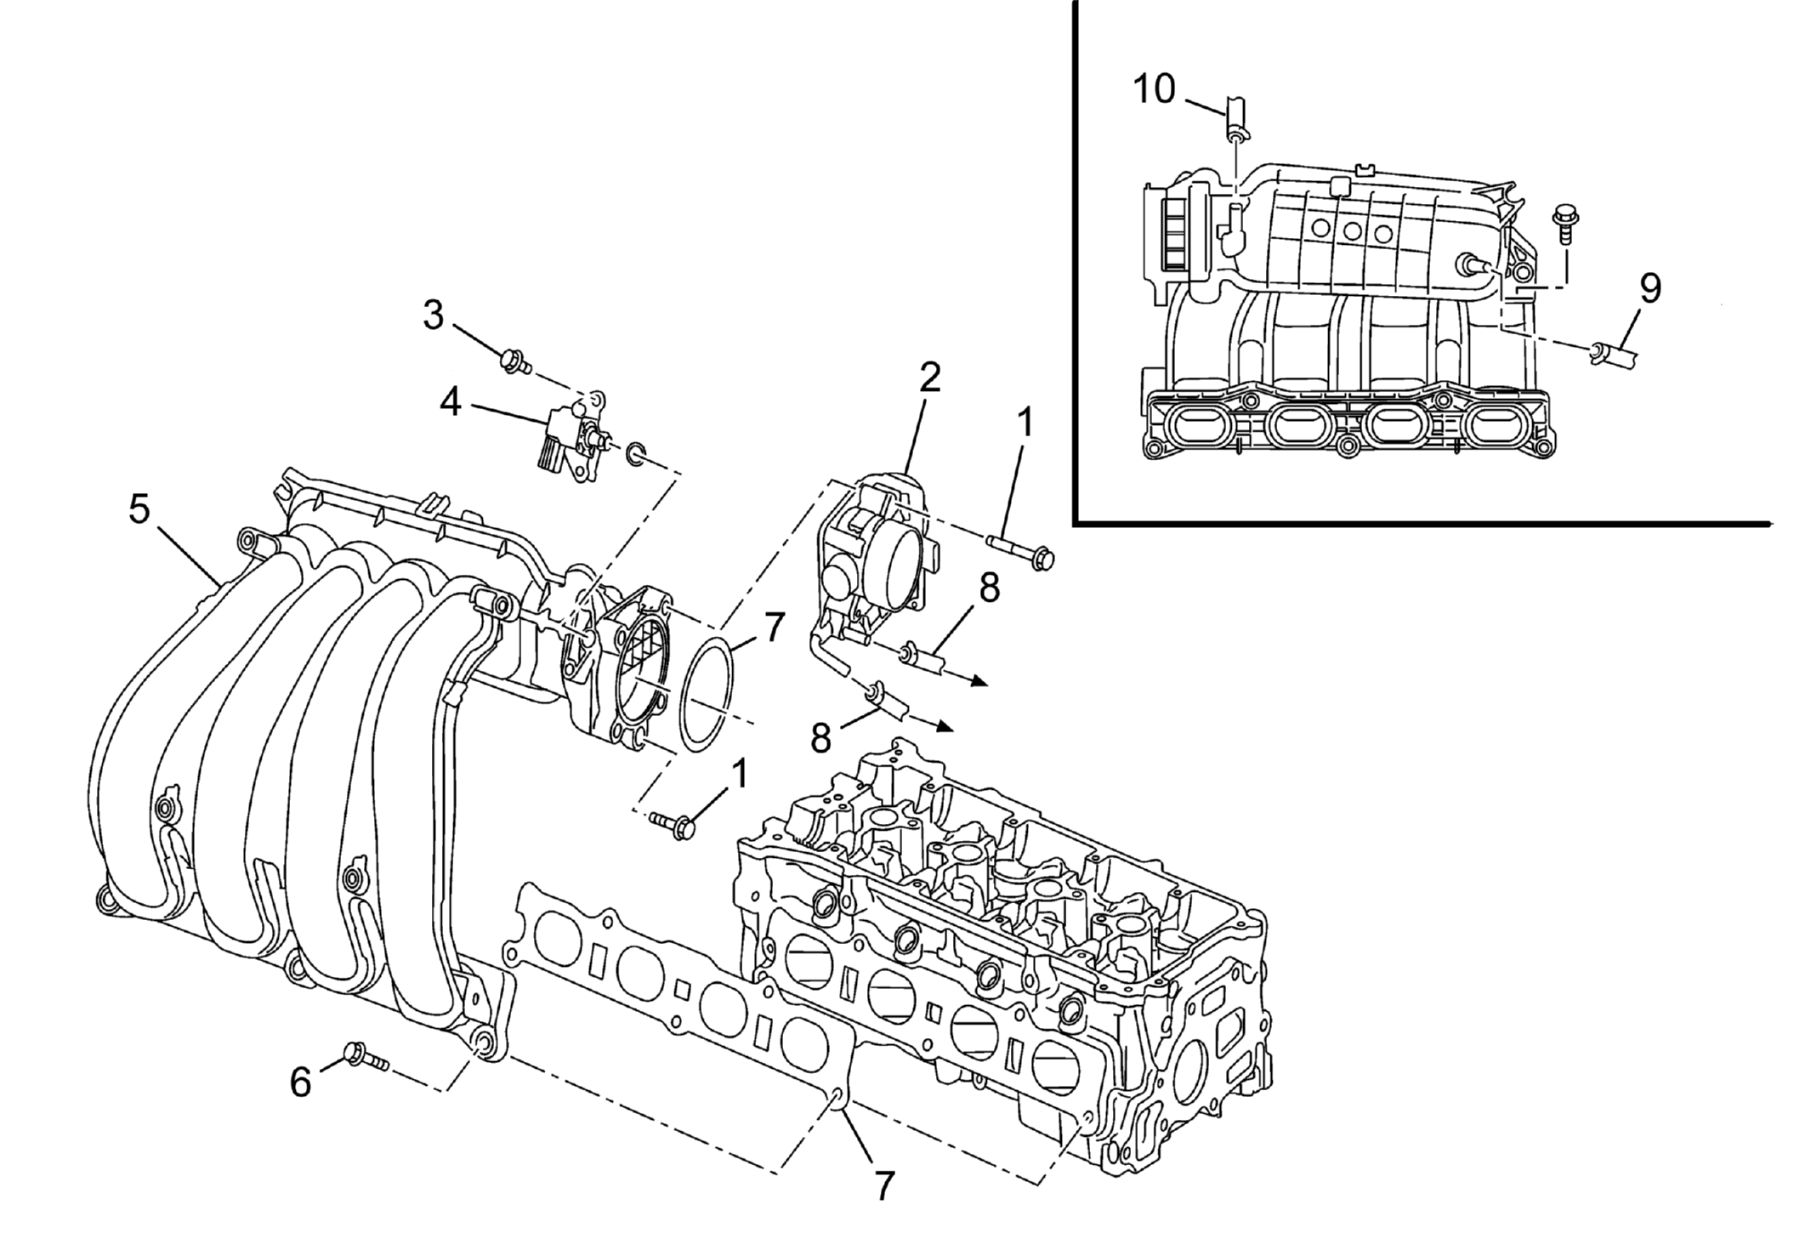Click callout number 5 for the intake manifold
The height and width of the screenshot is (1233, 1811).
139,509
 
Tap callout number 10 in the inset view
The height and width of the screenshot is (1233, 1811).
1154,89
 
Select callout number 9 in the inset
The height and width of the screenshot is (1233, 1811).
1649,290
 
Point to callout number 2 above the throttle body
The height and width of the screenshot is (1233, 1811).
930,377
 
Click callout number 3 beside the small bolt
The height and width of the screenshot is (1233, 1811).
434,315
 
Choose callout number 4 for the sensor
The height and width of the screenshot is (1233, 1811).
450,402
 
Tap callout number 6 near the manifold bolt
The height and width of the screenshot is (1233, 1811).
301,1082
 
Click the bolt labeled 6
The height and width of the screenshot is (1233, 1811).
363,1057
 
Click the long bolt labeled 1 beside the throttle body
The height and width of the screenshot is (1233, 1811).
1020,550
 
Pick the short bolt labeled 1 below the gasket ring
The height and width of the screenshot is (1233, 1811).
673,824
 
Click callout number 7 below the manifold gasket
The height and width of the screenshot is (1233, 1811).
884,1184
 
